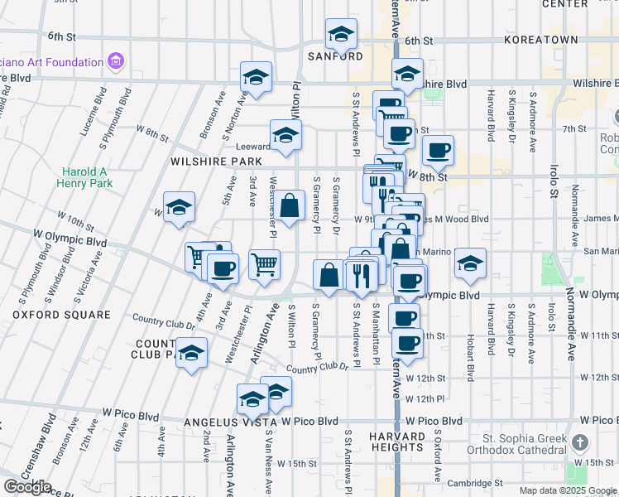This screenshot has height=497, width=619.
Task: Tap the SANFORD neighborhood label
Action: pyautogui.click(x=335, y=56)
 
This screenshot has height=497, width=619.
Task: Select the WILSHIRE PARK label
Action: pyautogui.click(x=211, y=161)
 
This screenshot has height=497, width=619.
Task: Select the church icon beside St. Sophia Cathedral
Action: pyautogui.click(x=579, y=443)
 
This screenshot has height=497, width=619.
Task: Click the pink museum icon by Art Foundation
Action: pyautogui.click(x=116, y=61)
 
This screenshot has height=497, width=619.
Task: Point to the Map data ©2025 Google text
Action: pyautogui.click(x=568, y=490)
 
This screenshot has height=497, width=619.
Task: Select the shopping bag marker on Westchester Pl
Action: pyautogui.click(x=290, y=207)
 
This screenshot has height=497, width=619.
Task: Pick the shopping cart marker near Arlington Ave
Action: pyautogui.click(x=264, y=265)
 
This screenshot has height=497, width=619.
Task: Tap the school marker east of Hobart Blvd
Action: pyautogui.click(x=470, y=264)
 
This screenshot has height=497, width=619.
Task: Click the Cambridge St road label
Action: pyautogui.click(x=475, y=483)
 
